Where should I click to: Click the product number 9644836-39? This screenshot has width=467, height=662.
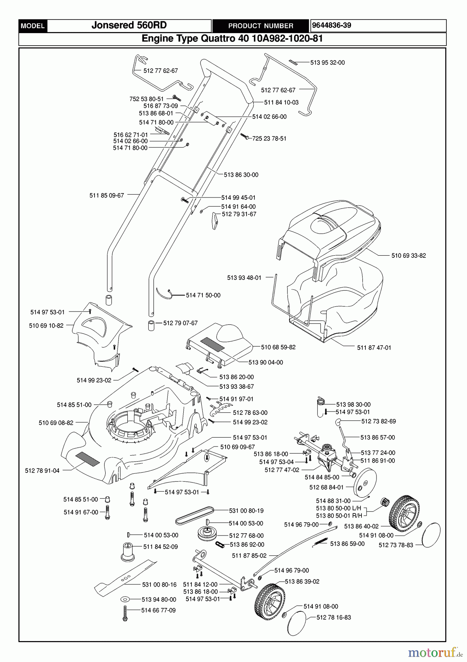point(331,25)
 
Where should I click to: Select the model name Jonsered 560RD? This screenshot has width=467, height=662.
point(129,25)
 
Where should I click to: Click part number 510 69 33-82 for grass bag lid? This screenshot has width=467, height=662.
point(408,256)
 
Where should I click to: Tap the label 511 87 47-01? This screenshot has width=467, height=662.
point(374,348)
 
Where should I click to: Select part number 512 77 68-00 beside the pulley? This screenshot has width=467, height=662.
point(246,536)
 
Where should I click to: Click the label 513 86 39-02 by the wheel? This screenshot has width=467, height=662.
point(302,581)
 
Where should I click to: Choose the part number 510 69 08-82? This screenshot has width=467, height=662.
point(56,423)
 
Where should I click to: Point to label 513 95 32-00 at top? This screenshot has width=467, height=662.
point(327,63)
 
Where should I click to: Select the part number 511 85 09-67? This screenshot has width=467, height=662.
point(107,196)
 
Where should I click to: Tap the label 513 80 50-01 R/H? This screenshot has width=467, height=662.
point(339,516)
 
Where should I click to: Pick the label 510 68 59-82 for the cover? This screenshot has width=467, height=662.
point(278,347)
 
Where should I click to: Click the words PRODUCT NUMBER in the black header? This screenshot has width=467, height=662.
point(261,26)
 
